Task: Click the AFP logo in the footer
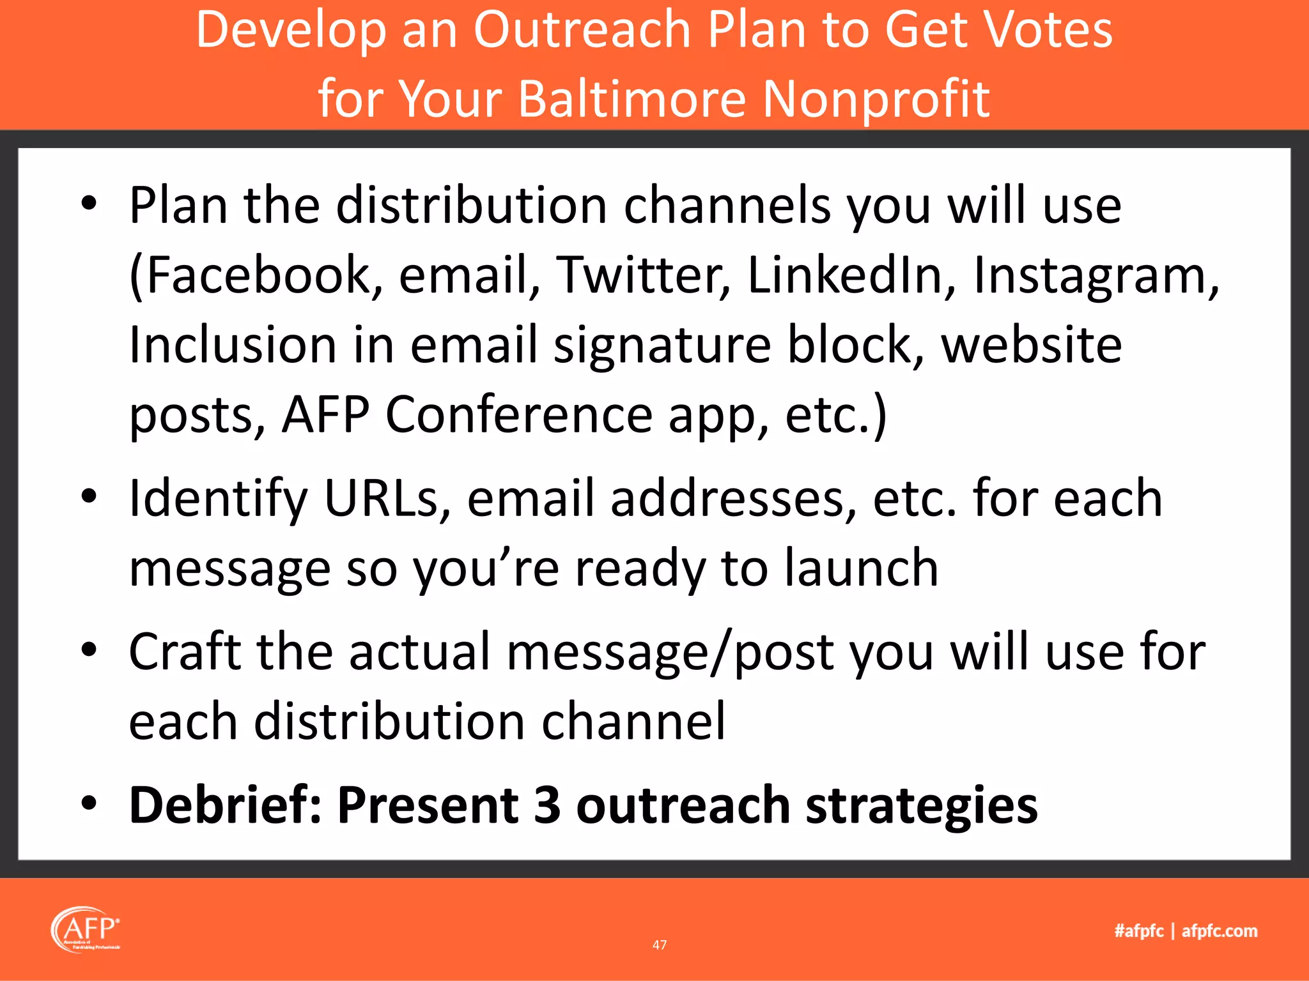[86, 930]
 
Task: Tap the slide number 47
[660, 945]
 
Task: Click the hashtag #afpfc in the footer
[1138, 931]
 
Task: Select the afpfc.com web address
[1220, 931]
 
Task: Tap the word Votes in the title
[1048, 30]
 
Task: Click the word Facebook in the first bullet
[256, 275]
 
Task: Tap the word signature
[662, 346]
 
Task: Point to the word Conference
[518, 415]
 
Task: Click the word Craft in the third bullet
[185, 651]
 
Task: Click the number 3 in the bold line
[547, 805]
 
